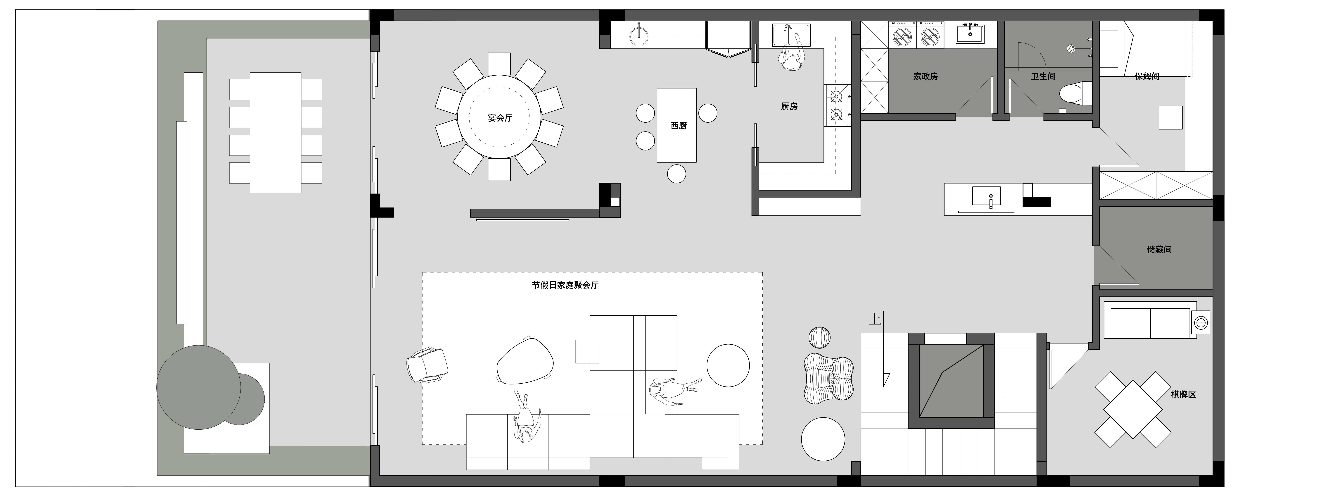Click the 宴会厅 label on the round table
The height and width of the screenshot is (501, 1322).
pos(500,118)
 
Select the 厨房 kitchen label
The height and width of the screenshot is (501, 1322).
pos(789,106)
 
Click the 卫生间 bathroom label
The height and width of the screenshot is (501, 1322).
pos(1043,76)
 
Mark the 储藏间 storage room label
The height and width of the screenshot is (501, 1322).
pos(1159,249)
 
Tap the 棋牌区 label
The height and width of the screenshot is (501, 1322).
pos(1183,394)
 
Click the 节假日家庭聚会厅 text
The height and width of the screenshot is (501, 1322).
pos(565,285)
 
